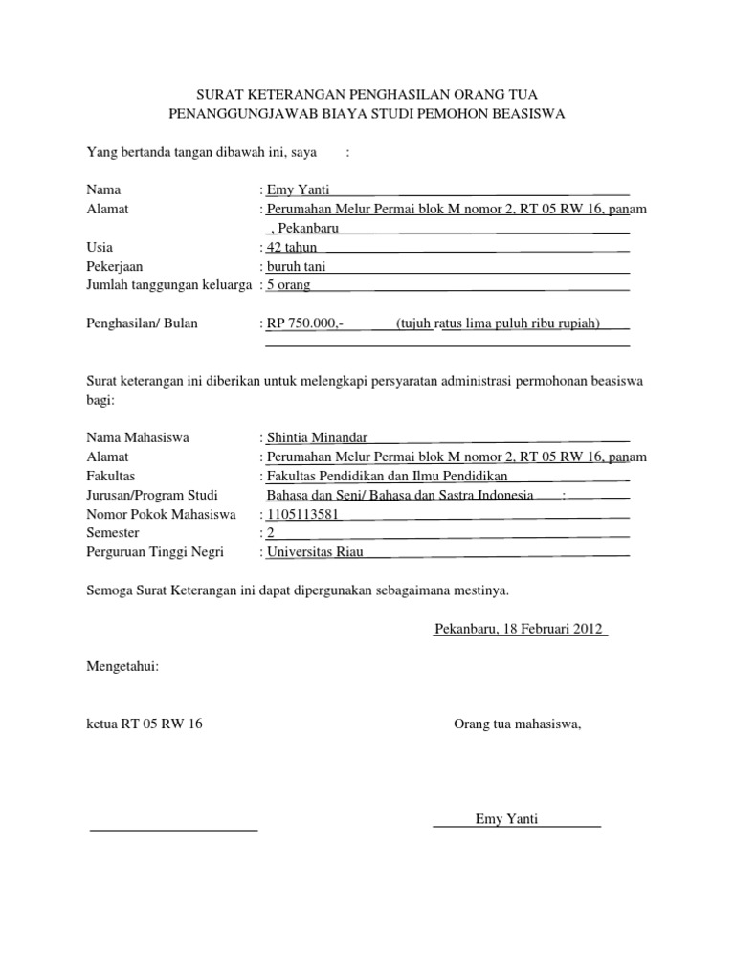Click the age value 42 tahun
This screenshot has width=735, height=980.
pos(292,248)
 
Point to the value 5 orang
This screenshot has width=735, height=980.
pos(288,285)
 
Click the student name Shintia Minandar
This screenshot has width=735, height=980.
pos(317,437)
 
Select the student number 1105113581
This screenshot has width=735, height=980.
pos(303,515)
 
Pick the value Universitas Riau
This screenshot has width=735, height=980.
pos(315,552)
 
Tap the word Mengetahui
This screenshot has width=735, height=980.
pos(122,666)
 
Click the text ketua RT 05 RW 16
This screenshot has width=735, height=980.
pos(145,724)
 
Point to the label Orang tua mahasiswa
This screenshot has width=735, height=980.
pos(518,724)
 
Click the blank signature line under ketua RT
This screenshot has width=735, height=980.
pos(173,828)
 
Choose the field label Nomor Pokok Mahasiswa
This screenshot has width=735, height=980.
pos(161,515)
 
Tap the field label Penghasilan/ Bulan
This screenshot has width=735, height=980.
pos(142,323)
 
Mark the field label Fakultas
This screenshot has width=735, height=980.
pos(111,476)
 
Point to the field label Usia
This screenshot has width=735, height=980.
pos(100,248)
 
